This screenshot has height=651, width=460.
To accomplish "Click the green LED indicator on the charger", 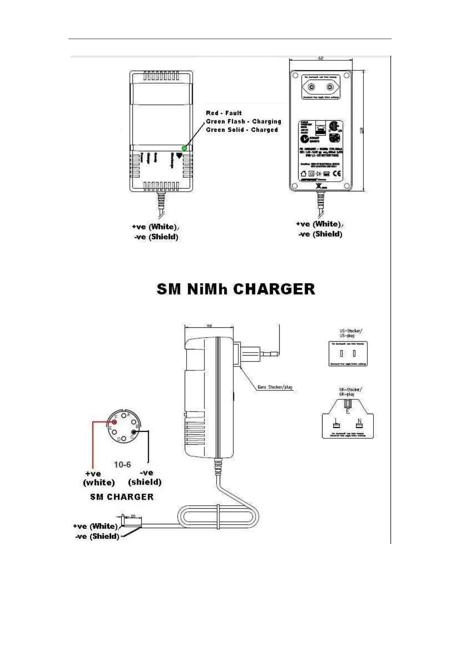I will (184, 148).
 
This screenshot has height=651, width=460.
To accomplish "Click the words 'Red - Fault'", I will (224, 113).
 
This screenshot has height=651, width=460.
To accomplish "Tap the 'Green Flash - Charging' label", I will (243, 121).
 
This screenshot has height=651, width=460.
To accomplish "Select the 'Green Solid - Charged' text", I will (242, 130).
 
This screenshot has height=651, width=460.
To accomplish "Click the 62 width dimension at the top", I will (321, 58).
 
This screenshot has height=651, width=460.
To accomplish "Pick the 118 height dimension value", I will (362, 131).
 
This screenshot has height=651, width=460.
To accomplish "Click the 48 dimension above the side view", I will (209, 326).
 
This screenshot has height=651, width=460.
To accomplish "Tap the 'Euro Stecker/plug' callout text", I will (275, 387).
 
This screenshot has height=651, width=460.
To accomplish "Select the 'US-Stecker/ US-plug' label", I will (350, 333).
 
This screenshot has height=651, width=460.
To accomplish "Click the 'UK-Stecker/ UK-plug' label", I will (350, 392).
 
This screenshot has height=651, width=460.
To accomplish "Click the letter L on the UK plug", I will (336, 421).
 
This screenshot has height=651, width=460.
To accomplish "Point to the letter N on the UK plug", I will (360, 421).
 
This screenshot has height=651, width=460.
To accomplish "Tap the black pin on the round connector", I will (134, 432).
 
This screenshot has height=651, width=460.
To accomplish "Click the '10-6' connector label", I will (122, 465).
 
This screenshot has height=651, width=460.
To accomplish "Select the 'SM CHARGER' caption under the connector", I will (122, 497).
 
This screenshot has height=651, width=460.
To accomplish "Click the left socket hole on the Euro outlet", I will (311, 87).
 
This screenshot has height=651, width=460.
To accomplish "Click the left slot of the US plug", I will (341, 353).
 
